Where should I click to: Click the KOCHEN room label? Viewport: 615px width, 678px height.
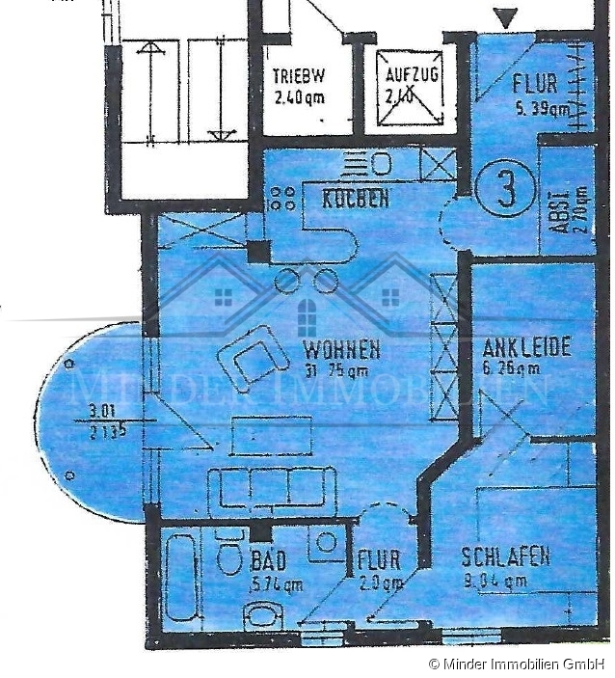(356, 200)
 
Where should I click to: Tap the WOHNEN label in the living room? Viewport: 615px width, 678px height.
(341, 349)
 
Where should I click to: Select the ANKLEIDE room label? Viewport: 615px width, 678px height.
(526, 347)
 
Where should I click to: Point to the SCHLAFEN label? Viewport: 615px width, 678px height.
(505, 557)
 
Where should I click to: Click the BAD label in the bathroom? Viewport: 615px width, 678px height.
(269, 560)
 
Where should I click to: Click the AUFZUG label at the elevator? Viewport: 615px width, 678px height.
(412, 74)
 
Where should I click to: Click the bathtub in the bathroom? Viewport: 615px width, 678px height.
(183, 582)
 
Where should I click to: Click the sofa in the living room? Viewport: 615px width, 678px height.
(273, 488)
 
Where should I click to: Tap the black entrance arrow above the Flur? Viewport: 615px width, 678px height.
(505, 17)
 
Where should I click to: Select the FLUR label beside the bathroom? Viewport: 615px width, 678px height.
(378, 560)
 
